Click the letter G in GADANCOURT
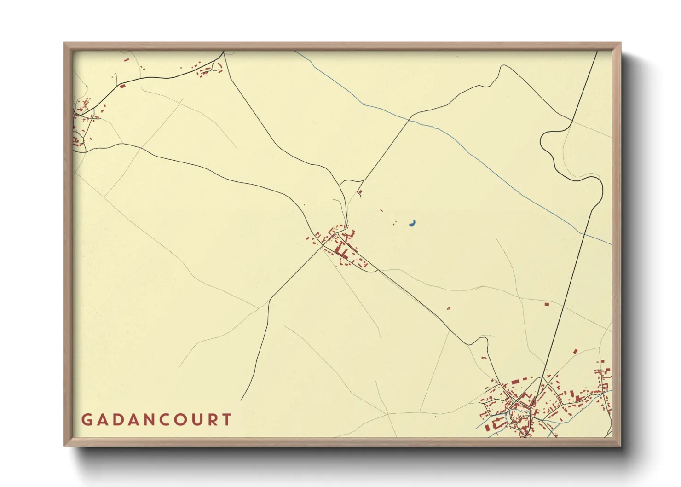[x=87, y=420]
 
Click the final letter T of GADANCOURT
[x=226, y=420]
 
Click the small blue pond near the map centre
[x=413, y=224]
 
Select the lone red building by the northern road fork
[x=360, y=192]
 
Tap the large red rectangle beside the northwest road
[x=122, y=86]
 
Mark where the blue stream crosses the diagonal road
[x=410, y=118]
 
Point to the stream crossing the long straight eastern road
[x=583, y=233]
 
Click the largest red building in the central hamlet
[x=341, y=251]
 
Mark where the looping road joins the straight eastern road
[x=571, y=121]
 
